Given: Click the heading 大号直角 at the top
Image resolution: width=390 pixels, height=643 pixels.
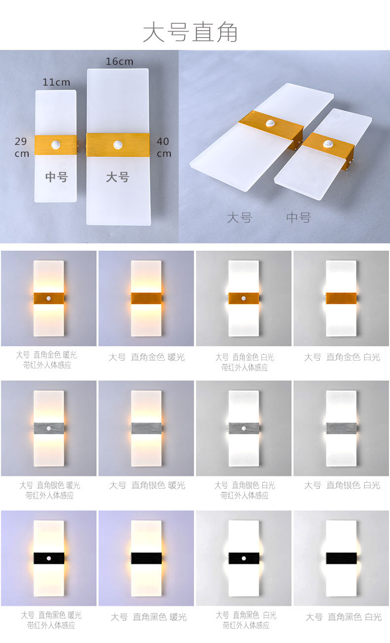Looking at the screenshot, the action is pyautogui.click(x=190, y=32).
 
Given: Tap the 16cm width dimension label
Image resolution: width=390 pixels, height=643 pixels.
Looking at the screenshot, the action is pyautogui.click(x=119, y=61).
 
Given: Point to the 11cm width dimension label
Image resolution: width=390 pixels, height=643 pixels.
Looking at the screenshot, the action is pyautogui.click(x=56, y=83).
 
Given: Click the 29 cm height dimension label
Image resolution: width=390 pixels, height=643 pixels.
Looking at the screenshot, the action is pyautogui.click(x=22, y=147).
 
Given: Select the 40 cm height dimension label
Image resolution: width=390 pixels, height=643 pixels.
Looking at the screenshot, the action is pyautogui.click(x=163, y=147).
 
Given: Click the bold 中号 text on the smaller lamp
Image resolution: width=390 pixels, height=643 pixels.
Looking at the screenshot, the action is pyautogui.click(x=56, y=177).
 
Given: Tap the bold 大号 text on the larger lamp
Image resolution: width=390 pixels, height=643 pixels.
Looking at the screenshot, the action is pyautogui.click(x=117, y=177).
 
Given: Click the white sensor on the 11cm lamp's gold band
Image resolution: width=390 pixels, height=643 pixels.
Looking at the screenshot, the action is pyautogui.click(x=56, y=144).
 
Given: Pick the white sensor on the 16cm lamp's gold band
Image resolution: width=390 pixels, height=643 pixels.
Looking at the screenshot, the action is pyautogui.click(x=118, y=144).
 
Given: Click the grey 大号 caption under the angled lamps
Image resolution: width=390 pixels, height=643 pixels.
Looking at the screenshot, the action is pyautogui.click(x=239, y=217).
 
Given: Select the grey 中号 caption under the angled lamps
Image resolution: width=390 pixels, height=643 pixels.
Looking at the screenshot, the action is pyautogui.click(x=299, y=217).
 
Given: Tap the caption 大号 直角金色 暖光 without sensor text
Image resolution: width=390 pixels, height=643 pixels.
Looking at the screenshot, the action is pyautogui.click(x=147, y=357).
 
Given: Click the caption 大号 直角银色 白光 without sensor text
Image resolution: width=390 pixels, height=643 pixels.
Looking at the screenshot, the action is pyautogui.click(x=342, y=485).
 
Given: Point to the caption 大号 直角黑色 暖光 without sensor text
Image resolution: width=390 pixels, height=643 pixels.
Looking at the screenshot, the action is pyautogui.click(x=149, y=617).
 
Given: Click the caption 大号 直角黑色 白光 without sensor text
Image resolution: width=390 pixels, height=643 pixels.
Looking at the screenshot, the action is pyautogui.click(x=343, y=617).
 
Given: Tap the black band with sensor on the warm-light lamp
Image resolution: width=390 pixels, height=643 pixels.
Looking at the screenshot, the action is pyautogui.click(x=49, y=558).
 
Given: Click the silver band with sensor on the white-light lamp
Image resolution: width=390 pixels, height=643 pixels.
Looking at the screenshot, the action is pyautogui.click(x=244, y=428).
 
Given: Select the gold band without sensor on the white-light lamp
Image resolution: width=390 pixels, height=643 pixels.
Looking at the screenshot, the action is pyautogui.click(x=341, y=298).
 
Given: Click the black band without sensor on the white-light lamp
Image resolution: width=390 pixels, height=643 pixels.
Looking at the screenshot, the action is pyautogui.click(x=341, y=558).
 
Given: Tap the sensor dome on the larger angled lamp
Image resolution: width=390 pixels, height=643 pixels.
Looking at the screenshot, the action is pyautogui.click(x=270, y=124).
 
